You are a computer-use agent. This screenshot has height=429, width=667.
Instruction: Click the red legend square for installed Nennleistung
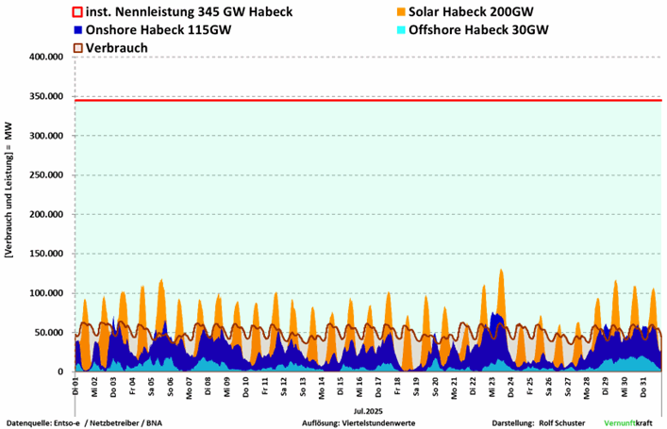78,12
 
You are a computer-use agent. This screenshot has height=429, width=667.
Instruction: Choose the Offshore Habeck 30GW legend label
478,29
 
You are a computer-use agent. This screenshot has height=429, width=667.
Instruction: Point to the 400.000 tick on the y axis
44,58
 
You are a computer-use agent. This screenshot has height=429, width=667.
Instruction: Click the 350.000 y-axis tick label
44,97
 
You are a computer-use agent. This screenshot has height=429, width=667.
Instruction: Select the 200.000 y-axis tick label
44,215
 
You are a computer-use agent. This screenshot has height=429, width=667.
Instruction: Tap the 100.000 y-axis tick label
44,293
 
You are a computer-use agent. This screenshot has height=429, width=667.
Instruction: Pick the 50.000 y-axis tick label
47,333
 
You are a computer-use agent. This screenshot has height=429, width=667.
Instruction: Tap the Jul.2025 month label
366,411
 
